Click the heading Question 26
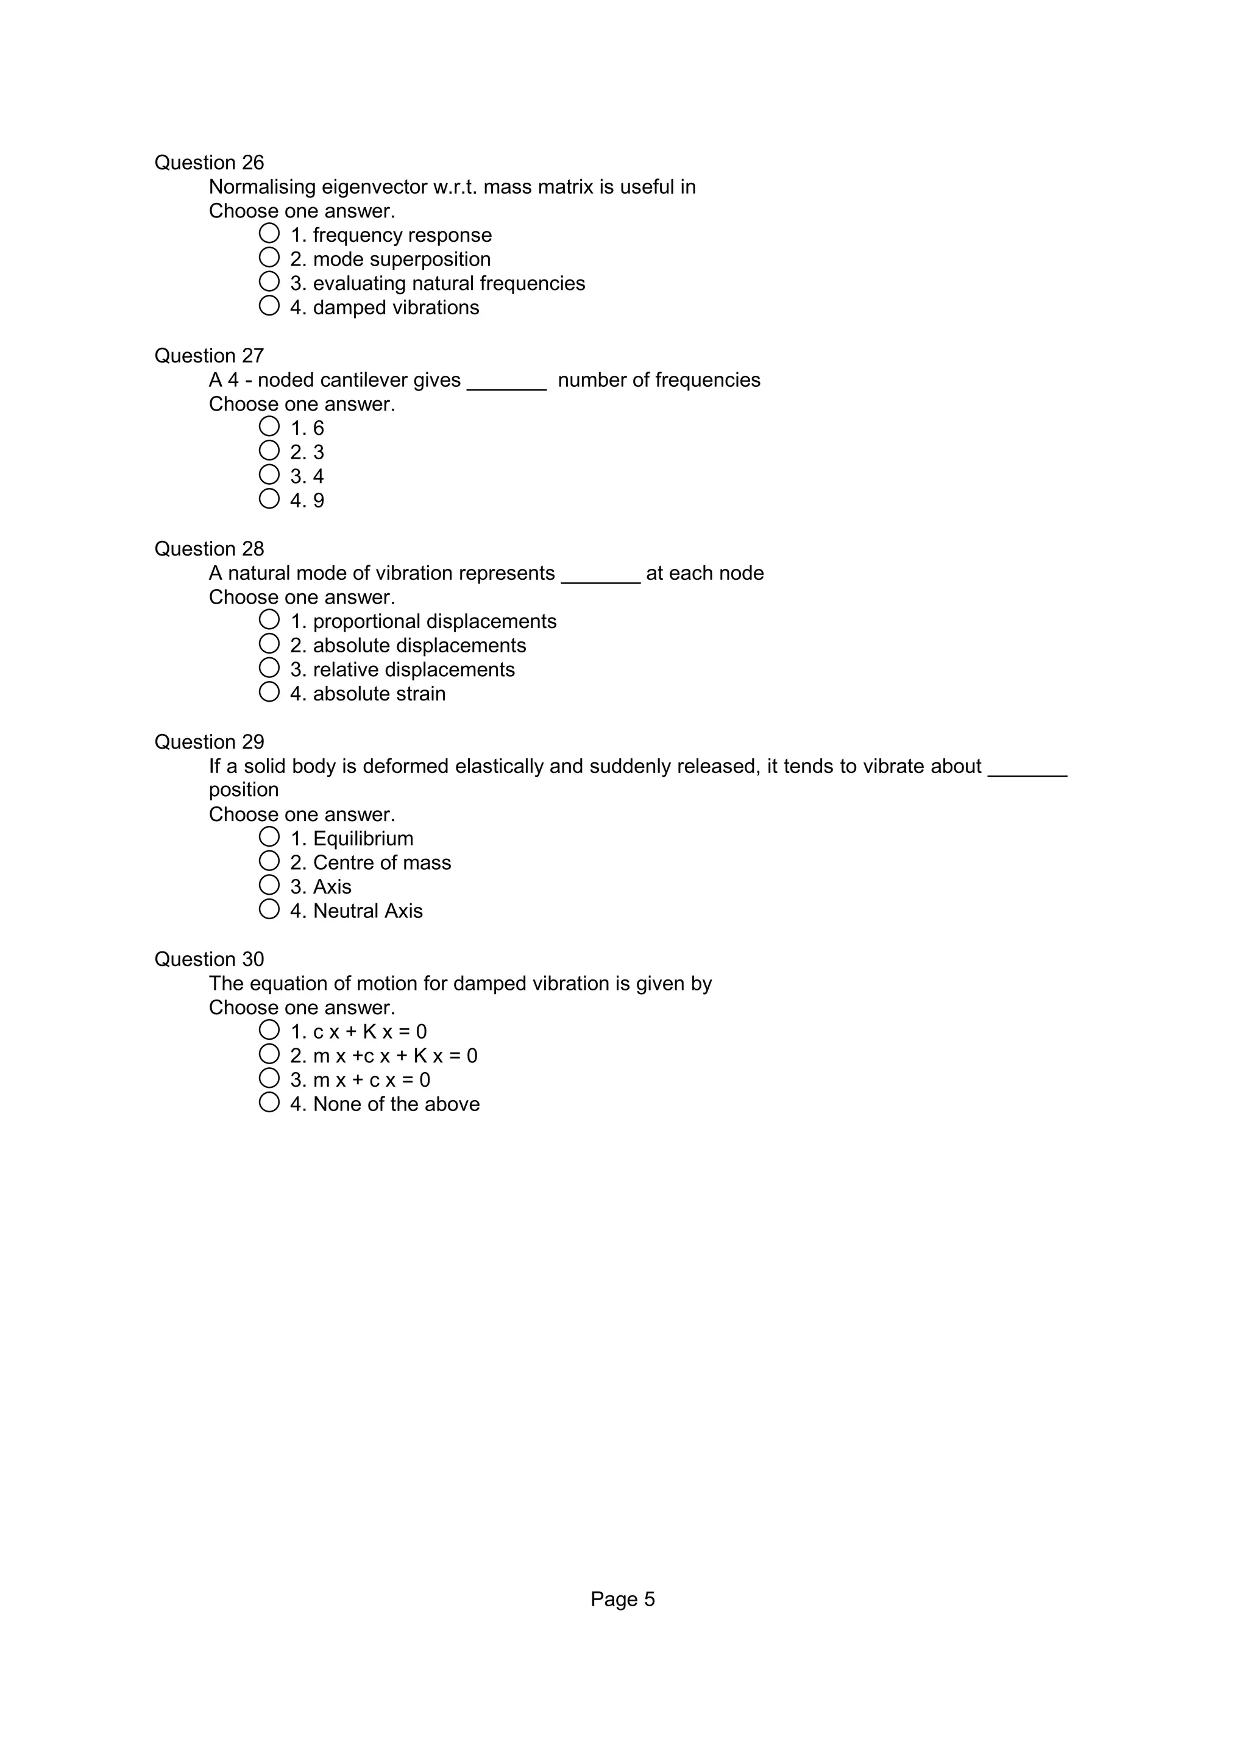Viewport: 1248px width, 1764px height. coord(209,163)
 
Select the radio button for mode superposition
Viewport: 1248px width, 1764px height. coord(269,258)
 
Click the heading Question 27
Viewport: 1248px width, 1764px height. coord(209,356)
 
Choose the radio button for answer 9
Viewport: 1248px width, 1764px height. coord(269,499)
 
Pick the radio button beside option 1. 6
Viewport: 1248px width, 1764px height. coord(269,426)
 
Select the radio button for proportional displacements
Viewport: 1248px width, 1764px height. coord(269,619)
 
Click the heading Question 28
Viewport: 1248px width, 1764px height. coord(209,549)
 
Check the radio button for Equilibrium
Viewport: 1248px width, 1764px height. coord(269,837)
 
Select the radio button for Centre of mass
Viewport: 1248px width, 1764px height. coord(269,861)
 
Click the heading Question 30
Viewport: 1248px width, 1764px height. coord(209,959)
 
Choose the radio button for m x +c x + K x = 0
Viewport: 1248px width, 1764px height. coord(269,1054)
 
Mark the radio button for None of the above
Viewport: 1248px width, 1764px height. coord(269,1102)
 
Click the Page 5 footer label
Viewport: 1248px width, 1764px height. coord(622,1600)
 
